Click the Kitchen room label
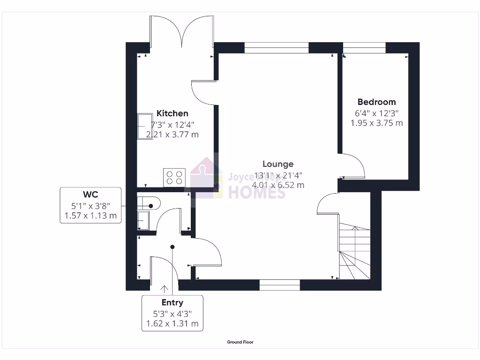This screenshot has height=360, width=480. point(172,113)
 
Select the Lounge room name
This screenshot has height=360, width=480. point(278,164)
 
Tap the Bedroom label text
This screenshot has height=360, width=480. point(376,102)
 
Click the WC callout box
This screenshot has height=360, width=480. point(91,205)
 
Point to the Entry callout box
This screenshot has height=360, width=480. point(172,313)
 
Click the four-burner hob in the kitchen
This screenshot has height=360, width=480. point(174,178)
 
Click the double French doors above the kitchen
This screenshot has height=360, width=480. point(182,30)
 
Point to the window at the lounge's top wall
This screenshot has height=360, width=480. point(277,47)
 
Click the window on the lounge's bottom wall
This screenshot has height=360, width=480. point(280,285)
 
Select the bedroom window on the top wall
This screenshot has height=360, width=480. point(364,47)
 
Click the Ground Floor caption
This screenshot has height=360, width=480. point(240,342)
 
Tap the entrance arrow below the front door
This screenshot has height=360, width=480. point(165,289)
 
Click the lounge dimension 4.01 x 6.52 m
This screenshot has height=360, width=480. point(278,185)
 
